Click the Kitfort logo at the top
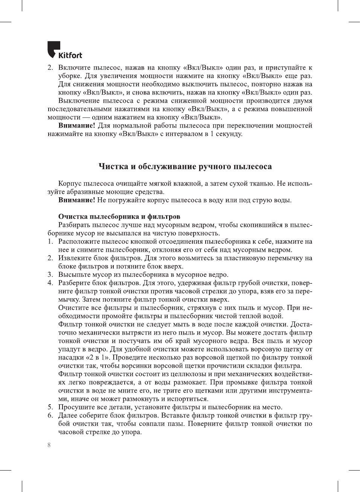pyautogui.click(x=64, y=50)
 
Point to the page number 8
pyautogui.click(x=49, y=445)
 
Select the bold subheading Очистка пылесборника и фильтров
pyautogui.click(x=119, y=216)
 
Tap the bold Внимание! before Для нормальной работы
pyautogui.click(x=76, y=125)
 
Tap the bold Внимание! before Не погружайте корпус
pyautogui.click(x=76, y=200)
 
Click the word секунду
pyautogui.click(x=229, y=134)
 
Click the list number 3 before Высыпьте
pyautogui.click(x=50, y=274)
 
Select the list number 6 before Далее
pyautogui.click(x=50, y=415)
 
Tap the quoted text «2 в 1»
pyautogui.click(x=98, y=357)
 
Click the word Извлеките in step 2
pyautogui.click(x=74, y=258)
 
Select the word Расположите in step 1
pyautogui.click(x=78, y=241)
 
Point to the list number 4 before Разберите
pyautogui.click(x=50, y=283)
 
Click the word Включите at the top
pyautogui.click(x=74, y=67)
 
